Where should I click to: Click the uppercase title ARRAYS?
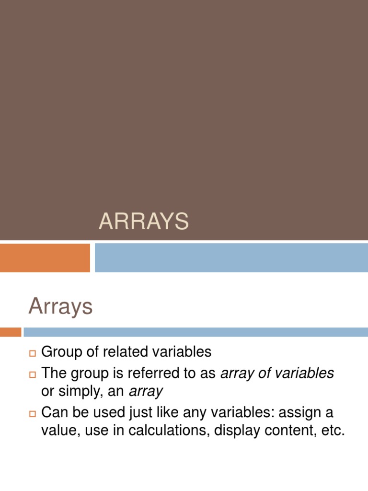click(144, 222)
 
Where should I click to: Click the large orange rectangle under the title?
click(45, 257)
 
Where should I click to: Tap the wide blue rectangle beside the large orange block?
click(231, 257)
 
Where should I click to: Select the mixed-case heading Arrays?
click(60, 306)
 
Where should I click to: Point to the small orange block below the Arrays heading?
click(11, 332)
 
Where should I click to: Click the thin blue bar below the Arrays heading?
click(195, 332)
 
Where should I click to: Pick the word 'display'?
click(235, 430)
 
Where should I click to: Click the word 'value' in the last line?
click(60, 430)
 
